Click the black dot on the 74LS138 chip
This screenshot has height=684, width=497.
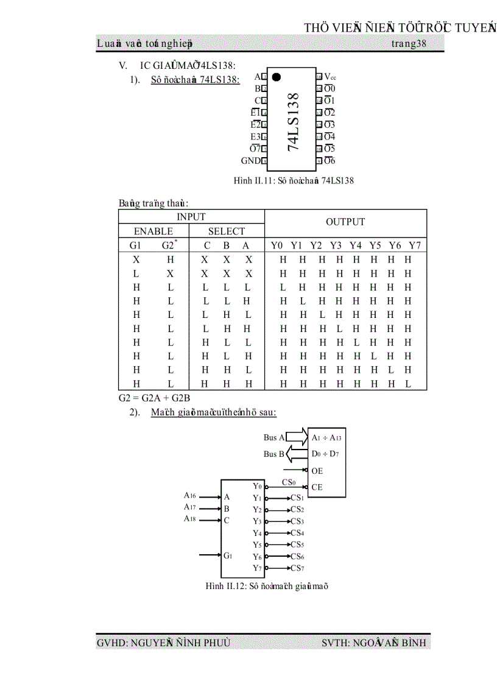276,77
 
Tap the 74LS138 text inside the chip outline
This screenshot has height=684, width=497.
293,122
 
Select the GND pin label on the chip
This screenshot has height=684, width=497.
250,161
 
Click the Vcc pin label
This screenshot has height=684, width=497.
330,77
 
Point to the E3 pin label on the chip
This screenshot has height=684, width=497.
255,137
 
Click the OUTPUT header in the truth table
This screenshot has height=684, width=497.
345,222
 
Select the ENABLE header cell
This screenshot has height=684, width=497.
153,231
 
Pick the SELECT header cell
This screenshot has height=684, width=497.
227,231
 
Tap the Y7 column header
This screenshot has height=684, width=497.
414,245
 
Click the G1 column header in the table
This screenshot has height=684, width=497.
136,245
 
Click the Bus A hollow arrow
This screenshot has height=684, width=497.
297,437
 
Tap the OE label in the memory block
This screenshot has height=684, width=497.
317,471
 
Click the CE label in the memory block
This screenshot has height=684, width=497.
317,487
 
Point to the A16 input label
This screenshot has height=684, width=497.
191,495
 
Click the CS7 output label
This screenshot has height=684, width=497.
297,568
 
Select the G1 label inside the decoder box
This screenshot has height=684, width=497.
228,555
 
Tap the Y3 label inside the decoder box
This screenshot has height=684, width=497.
257,521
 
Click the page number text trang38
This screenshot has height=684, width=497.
409,44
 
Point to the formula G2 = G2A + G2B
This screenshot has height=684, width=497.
146,398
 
